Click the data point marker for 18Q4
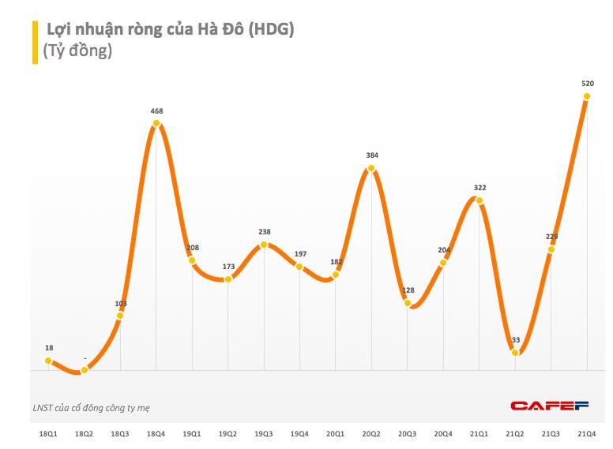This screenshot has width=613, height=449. tap(156, 122)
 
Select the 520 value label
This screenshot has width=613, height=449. tap(588, 84)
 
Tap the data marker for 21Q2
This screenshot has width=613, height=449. tap(515, 353)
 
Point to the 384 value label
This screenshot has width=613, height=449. tap(372, 155)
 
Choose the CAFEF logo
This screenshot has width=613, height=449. tap(550, 406)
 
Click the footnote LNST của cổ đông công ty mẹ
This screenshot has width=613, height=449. tap(92, 407)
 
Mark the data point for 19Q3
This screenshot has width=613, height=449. tap(265, 245)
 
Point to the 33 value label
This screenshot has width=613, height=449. tap(515, 340)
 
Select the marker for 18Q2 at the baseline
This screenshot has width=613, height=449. tap(85, 369)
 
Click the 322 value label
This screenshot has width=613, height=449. tap(479, 188)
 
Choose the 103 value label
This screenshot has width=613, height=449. tap(121, 303)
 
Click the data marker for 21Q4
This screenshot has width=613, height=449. tap(587, 96)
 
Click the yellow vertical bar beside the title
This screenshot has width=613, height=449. tap(35, 42)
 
